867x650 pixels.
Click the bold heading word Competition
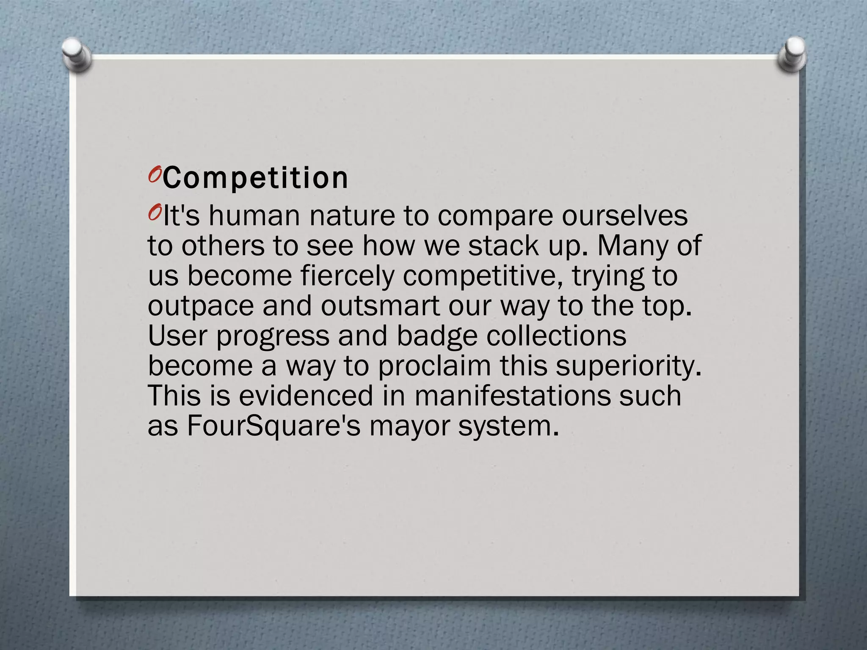256,179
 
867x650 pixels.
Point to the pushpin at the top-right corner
792,54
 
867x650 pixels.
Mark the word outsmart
380,306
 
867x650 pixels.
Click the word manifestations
512,396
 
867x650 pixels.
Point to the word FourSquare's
273,426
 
